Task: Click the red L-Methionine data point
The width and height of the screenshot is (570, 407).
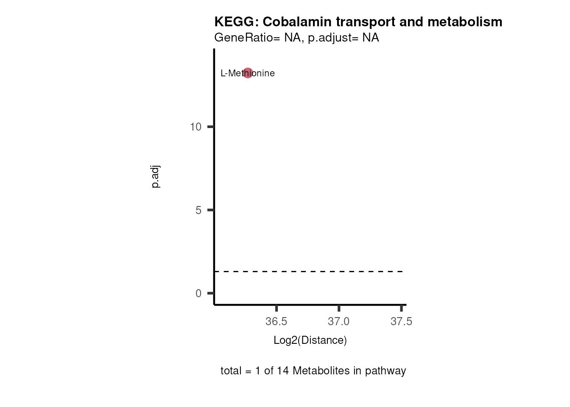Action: pyautogui.click(x=248, y=73)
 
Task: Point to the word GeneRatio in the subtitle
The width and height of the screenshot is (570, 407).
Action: pyautogui.click(x=245, y=38)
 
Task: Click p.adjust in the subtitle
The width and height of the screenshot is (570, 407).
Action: pyautogui.click(x=332, y=38)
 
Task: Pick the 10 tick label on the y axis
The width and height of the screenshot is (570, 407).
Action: pyautogui.click(x=196, y=127)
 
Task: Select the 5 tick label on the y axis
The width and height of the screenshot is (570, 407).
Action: pyautogui.click(x=198, y=210)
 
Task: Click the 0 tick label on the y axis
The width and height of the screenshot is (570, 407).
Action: pyautogui.click(x=198, y=293)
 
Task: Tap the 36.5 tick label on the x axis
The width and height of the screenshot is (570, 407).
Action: pyautogui.click(x=276, y=322)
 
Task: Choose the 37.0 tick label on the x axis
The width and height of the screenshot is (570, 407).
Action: pyautogui.click(x=338, y=322)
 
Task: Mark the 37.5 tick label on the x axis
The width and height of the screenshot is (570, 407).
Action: pyautogui.click(x=401, y=322)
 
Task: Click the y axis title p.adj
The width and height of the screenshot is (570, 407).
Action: pyautogui.click(x=156, y=177)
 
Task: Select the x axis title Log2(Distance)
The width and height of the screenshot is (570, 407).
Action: pyautogui.click(x=310, y=340)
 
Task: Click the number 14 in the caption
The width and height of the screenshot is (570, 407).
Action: pyautogui.click(x=283, y=371)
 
